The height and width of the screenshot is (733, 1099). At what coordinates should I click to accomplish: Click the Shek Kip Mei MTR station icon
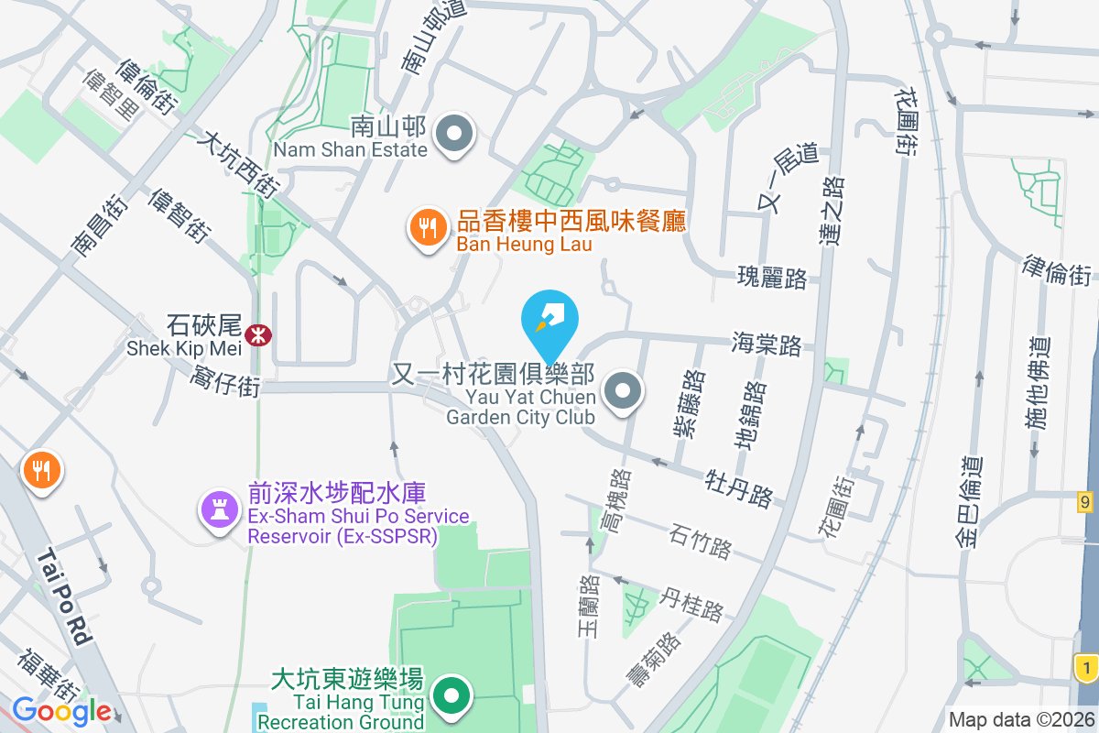tap(259, 334)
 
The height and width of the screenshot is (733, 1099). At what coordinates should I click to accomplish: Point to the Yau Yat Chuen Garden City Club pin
tap(625, 392)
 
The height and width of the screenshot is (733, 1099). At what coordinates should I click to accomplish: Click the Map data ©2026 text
tap(1021, 720)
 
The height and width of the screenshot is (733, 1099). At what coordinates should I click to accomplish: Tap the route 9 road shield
tap(1085, 501)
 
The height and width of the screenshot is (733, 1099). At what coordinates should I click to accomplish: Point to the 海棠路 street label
tap(767, 345)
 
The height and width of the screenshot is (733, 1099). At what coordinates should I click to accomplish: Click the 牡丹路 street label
tap(739, 487)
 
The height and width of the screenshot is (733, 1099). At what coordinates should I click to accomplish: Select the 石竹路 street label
tap(701, 541)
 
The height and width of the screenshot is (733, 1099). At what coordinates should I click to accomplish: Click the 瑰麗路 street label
tap(773, 278)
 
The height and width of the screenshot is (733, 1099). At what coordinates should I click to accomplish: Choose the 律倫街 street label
tap(1057, 268)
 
